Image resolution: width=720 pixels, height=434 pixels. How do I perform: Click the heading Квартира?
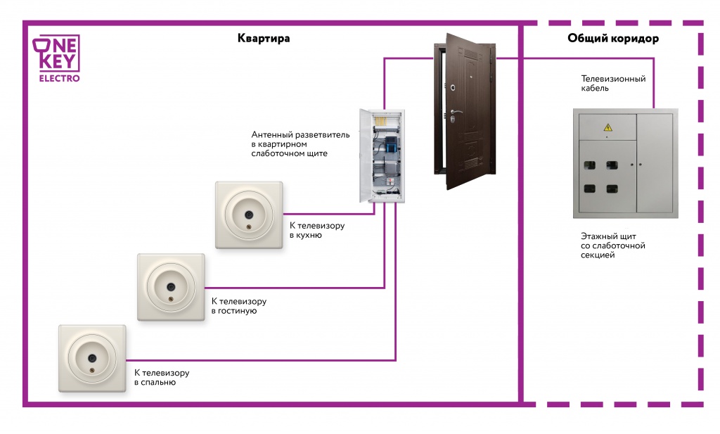(264, 39)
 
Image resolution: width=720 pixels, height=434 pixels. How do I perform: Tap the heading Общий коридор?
(613, 39)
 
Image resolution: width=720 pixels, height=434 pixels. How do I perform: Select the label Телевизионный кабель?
(613, 84)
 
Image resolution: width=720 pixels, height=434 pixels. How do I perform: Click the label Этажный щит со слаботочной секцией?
(608, 246)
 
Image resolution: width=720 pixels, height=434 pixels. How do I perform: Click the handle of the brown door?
(456, 113)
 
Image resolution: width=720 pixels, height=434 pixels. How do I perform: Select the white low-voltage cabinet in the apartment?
(382, 155)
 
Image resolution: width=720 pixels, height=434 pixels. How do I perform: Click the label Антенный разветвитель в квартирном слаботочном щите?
(290, 143)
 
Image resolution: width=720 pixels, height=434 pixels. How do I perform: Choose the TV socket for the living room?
(171, 287)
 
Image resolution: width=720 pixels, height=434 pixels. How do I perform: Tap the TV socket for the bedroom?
(92, 358)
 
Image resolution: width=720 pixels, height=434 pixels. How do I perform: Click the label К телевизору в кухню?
(317, 231)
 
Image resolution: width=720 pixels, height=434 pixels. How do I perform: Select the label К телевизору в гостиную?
(239, 305)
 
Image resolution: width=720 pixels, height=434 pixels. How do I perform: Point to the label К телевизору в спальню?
(162, 378)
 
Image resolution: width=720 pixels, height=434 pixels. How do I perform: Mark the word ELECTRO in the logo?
(58, 78)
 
